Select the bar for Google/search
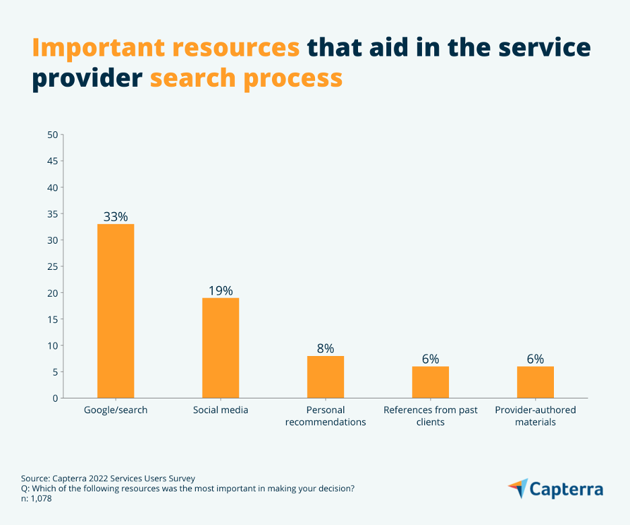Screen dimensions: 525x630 tap(116, 311)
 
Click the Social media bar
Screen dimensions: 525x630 tap(221, 348)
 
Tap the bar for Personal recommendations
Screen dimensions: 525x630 tap(326, 377)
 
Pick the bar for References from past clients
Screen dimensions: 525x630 tap(431, 382)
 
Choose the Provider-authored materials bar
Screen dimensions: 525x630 tap(536, 382)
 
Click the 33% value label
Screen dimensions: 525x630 tap(116, 217)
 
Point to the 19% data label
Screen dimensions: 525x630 tap(221, 291)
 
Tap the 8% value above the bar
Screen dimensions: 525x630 tap(326, 349)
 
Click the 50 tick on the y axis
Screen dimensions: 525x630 tap(53, 135)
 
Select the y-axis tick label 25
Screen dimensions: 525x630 tap(53, 267)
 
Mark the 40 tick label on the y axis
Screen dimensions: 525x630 tap(53, 187)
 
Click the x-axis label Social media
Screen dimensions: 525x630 tap(221, 410)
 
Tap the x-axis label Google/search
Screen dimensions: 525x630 tap(116, 410)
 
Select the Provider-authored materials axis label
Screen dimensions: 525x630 tap(536, 416)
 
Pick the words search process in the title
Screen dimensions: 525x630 tap(246, 79)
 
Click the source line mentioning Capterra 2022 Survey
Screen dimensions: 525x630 tap(108, 479)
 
